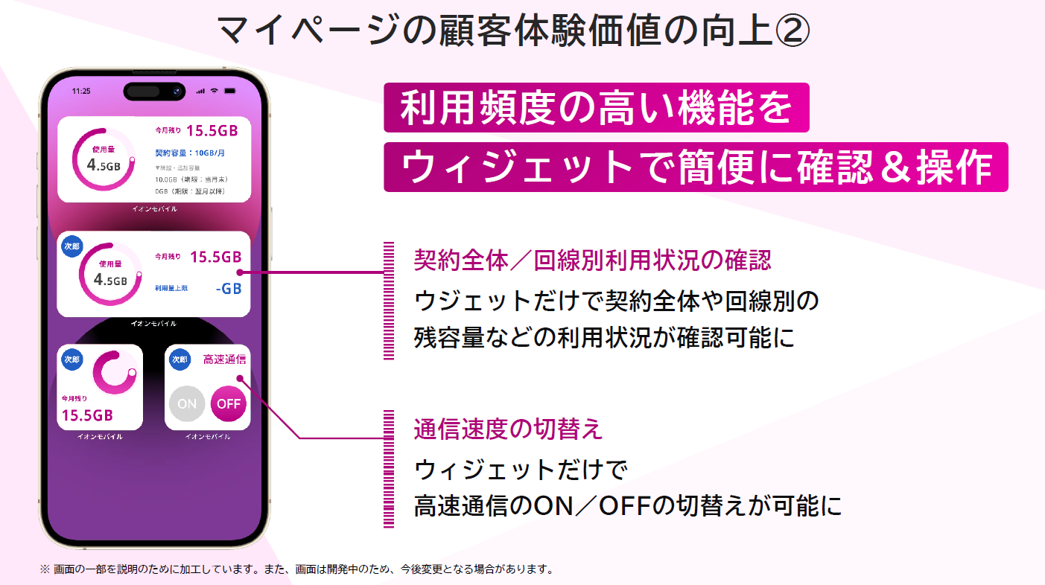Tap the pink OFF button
click(x=228, y=403)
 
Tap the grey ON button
click(x=187, y=403)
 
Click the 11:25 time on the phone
click(x=81, y=91)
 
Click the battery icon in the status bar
click(x=229, y=91)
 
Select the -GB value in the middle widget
click(x=228, y=288)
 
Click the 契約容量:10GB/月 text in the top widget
click(x=190, y=153)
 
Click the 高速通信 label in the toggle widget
click(x=224, y=359)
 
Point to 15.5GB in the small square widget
click(x=87, y=415)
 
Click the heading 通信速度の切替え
click(x=508, y=429)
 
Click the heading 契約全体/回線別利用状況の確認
click(x=592, y=260)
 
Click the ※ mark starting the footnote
click(x=44, y=569)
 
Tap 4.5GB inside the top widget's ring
click(x=104, y=165)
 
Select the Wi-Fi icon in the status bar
click(x=215, y=91)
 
